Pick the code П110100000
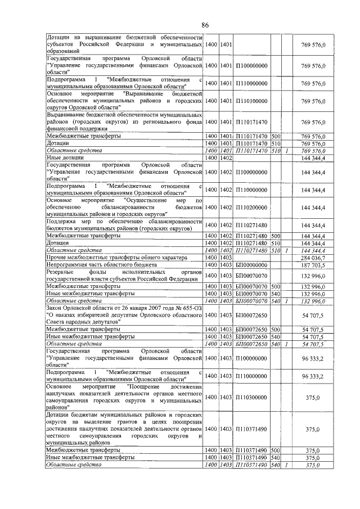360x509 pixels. tap(251, 102)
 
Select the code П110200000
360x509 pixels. tap(251, 208)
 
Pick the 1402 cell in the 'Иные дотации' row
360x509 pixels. tap(226, 159)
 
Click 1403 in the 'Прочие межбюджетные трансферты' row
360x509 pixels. tap(226, 256)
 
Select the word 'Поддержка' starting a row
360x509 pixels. tap(62, 222)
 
